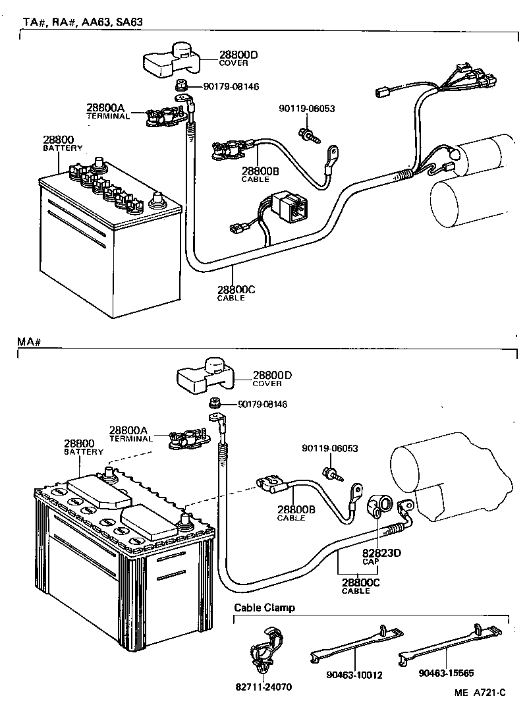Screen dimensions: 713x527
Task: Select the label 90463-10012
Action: pyautogui.click(x=354, y=675)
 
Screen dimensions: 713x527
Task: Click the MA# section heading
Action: pyautogui.click(x=30, y=343)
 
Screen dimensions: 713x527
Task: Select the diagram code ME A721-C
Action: pyautogui.click(x=479, y=693)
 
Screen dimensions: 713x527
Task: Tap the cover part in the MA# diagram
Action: pyautogui.click(x=204, y=376)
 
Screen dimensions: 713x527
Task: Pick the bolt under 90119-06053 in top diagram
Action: pyautogui.click(x=307, y=135)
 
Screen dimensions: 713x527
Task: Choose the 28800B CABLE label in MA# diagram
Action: pyautogui.click(x=295, y=513)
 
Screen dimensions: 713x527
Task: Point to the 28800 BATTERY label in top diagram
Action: pyautogui.click(x=63, y=144)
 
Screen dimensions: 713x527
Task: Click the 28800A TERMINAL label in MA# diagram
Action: pyautogui.click(x=130, y=434)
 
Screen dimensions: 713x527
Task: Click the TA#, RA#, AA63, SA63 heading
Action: pyautogui.click(x=83, y=22)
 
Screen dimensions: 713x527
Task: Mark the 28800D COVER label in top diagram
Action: pyautogui.click(x=238, y=58)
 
